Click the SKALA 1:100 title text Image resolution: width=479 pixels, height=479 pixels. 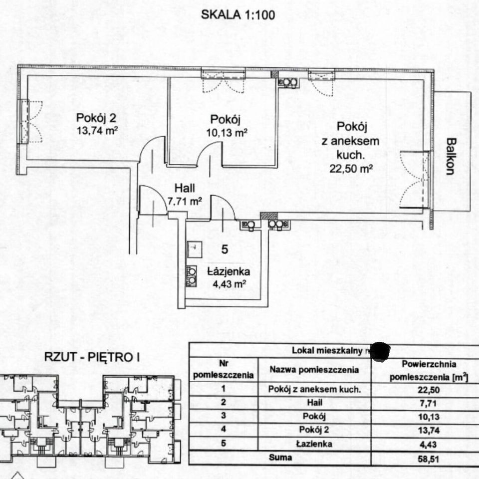(238, 14)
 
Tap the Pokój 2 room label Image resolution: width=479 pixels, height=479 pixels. (97, 119)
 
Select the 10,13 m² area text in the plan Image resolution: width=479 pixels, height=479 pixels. (227, 133)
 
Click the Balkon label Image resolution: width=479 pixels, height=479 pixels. (450, 156)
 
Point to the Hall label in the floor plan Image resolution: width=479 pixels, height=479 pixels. (184, 189)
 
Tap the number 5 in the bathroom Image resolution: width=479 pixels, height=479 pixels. (225, 250)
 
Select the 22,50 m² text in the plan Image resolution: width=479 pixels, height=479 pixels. (351, 168)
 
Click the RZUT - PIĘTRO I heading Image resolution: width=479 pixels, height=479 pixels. (93, 357)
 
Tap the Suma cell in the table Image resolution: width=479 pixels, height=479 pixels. (281, 457)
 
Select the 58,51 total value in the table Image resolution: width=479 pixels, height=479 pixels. (429, 458)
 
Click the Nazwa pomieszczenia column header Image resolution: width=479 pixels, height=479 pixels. (314, 370)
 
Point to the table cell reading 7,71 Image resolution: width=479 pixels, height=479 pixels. (429, 403)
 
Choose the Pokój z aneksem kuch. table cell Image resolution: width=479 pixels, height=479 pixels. (314, 389)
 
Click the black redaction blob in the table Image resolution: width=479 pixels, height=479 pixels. (381, 351)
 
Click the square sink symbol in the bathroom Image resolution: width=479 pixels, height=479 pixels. (194, 246)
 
